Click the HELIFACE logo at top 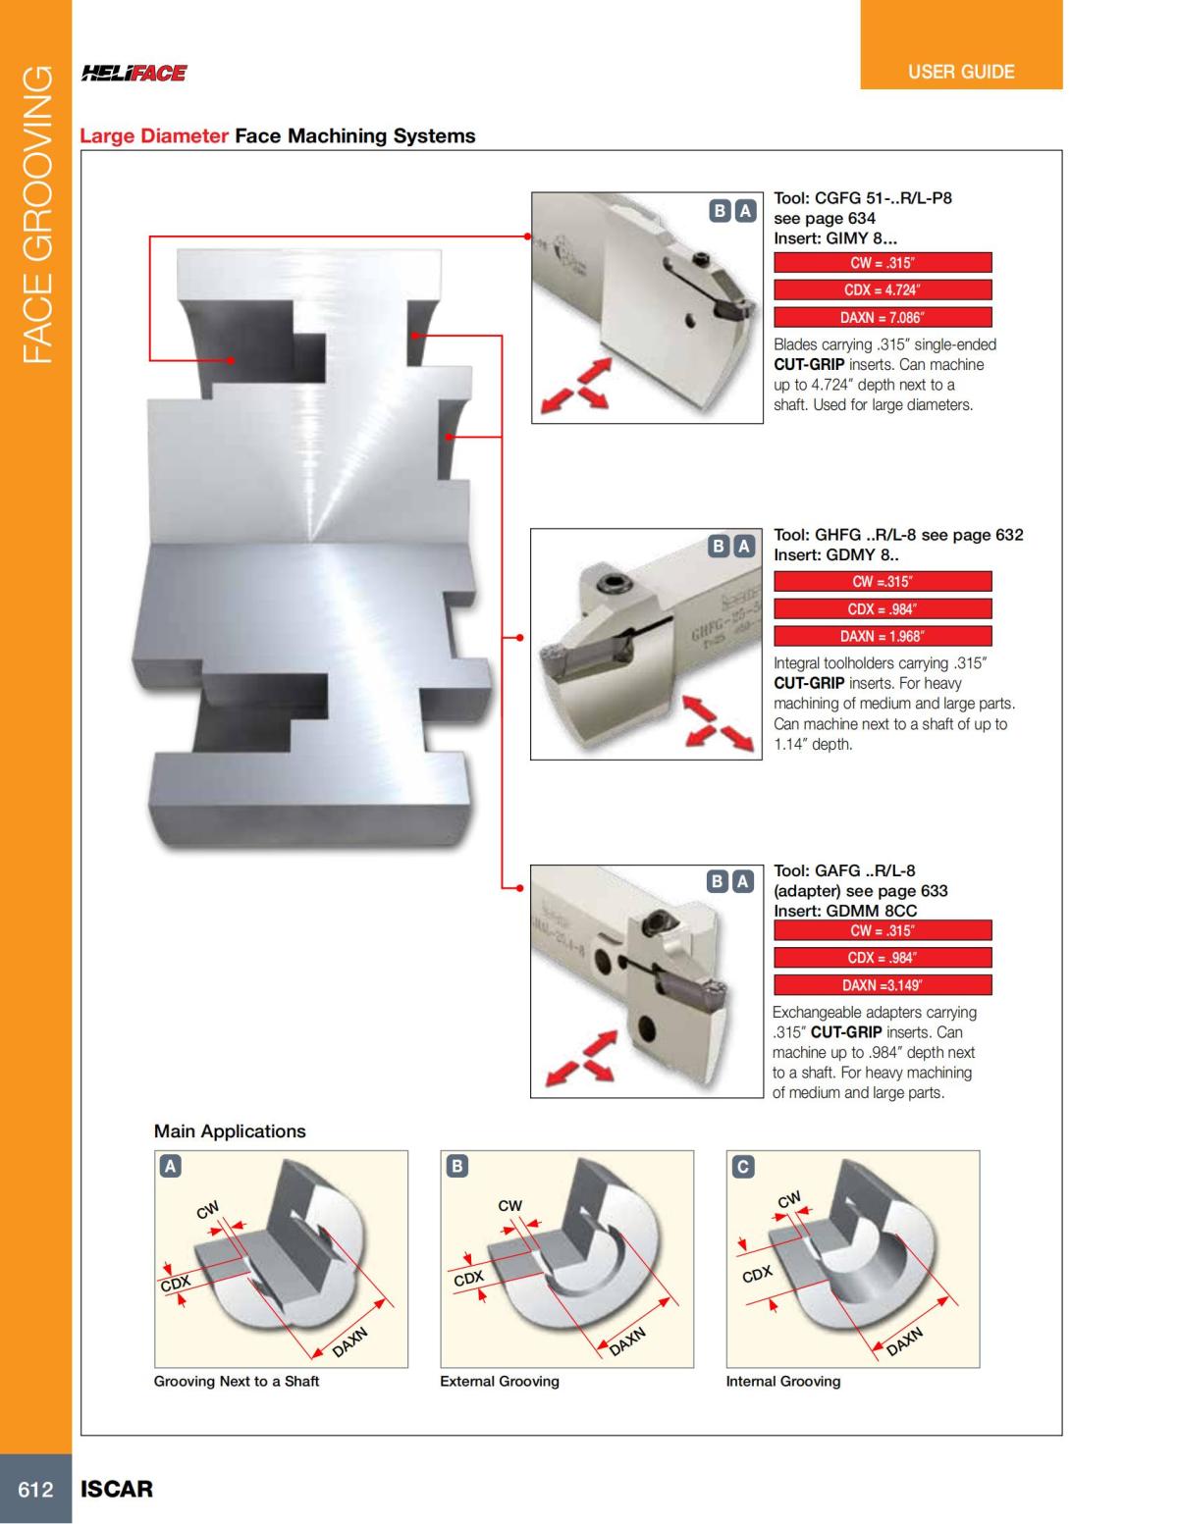pos(134,73)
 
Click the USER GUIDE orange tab pos(961,72)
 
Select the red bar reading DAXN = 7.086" pos(883,317)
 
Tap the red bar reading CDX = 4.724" pos(883,289)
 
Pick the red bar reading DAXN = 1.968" pos(883,636)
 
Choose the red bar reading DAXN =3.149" pos(883,985)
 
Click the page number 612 pos(35,1489)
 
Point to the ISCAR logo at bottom pos(117,1489)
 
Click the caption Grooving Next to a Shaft pos(237,1381)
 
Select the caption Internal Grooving pos(782,1381)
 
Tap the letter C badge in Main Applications pos(743,1166)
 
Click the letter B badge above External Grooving pos(456,1166)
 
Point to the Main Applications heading pos(230,1130)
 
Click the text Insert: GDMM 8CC pos(845,911)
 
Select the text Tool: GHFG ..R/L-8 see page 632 pos(898,535)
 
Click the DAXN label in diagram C pos(905,1340)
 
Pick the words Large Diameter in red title pos(154,136)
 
